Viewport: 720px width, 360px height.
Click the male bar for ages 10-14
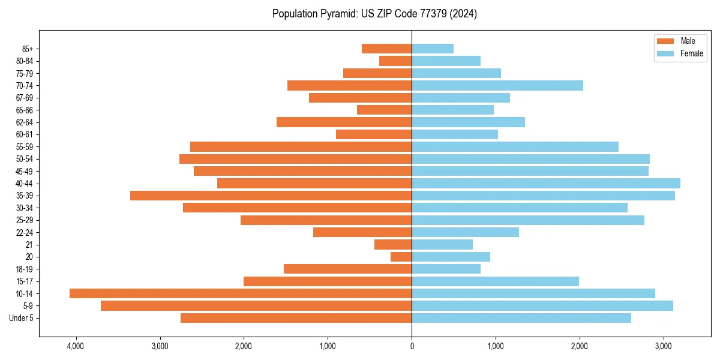click(240, 293)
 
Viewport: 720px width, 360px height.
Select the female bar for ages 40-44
click(546, 183)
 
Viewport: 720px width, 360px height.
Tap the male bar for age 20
click(401, 257)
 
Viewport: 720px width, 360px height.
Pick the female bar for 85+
click(433, 49)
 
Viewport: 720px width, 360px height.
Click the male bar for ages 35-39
click(271, 196)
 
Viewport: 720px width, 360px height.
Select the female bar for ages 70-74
click(497, 85)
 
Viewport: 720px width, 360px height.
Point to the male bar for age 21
click(393, 244)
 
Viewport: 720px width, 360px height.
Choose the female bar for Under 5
click(521, 318)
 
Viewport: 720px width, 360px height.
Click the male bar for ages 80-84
click(395, 61)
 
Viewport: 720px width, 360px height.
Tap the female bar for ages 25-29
click(528, 220)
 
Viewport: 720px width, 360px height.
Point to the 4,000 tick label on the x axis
click(76, 346)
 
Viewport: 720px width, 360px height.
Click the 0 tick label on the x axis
click(412, 346)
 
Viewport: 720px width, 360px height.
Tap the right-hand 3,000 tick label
click(663, 346)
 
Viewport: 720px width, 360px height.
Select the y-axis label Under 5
click(22, 318)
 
